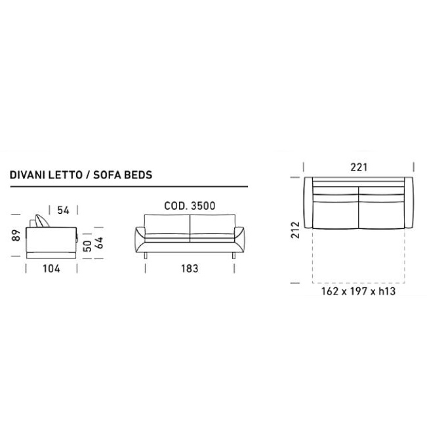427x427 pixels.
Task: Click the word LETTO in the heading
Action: tap(66, 175)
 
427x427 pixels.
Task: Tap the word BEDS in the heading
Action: tap(138, 175)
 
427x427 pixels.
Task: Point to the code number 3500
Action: tap(203, 205)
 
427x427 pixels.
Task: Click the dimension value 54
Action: tap(64, 211)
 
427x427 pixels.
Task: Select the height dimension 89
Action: tap(16, 235)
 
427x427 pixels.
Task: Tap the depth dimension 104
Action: tap(51, 269)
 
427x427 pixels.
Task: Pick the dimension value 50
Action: tap(87, 246)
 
